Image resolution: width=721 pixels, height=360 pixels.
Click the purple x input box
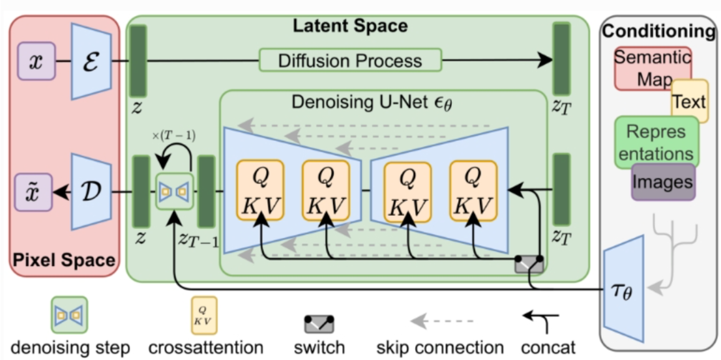[x=37, y=61]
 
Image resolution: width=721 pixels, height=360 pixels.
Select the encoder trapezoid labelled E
[x=91, y=61]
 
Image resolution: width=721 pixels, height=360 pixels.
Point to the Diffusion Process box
[x=350, y=61]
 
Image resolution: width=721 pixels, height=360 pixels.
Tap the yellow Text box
[x=689, y=101]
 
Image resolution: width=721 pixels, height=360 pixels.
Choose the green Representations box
[x=655, y=142]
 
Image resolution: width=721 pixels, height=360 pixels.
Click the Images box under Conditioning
[x=663, y=182]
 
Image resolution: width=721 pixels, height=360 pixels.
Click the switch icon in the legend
[x=319, y=323]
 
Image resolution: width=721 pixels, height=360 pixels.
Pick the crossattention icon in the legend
[x=204, y=316]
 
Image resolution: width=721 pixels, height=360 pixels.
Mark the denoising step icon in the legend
[x=69, y=315]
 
